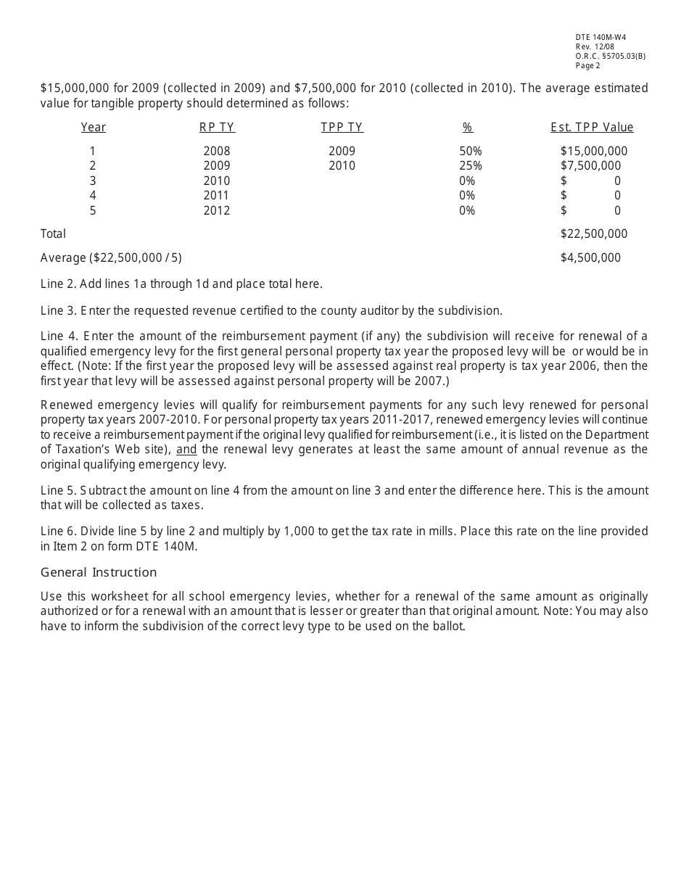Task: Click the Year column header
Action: coord(93,128)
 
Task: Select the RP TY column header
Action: coord(217,128)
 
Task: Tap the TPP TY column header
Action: coord(342,128)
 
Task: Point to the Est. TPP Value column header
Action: coord(592,128)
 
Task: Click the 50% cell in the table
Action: coord(470,152)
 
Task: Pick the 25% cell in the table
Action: coord(470,166)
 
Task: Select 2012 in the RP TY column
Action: coord(217,211)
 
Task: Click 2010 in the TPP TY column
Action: coord(342,166)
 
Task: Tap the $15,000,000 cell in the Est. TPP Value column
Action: coord(593,152)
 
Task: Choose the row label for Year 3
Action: coord(93,181)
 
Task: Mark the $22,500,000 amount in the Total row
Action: coord(593,234)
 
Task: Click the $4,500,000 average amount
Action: coord(590,258)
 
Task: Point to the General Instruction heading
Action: coord(99,573)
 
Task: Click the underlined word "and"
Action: coord(186,450)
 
